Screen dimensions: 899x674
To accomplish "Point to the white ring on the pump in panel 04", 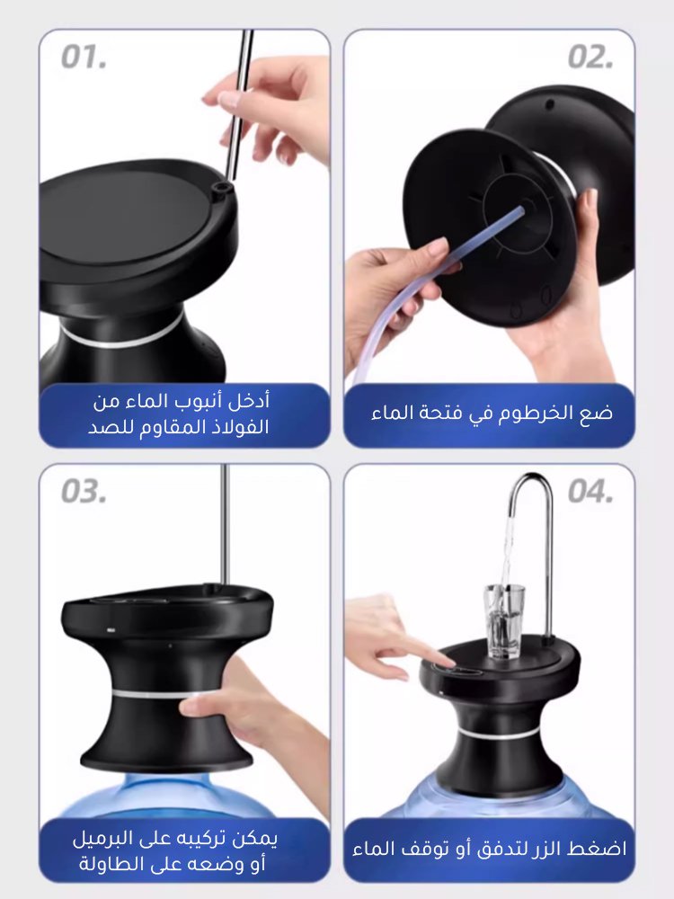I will click(502, 734).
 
